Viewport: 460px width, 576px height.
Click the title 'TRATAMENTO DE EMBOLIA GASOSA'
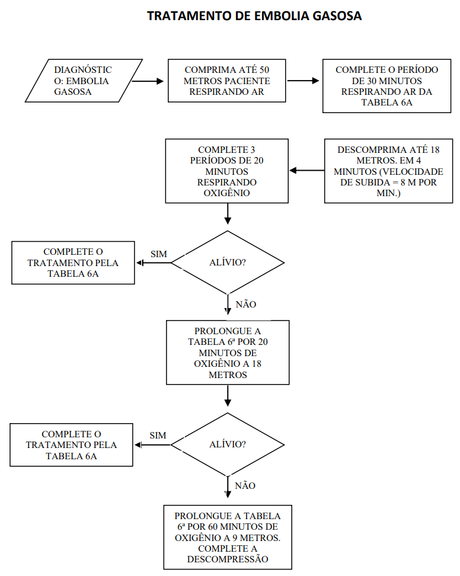[254, 16]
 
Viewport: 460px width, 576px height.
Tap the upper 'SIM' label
[159, 254]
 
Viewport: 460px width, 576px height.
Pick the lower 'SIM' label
[158, 436]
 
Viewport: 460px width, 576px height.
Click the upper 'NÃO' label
[246, 304]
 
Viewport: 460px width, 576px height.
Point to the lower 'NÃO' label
[245, 486]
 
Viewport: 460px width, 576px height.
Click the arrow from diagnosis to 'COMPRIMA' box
[148, 81]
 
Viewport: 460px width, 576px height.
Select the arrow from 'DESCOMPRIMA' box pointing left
[307, 171]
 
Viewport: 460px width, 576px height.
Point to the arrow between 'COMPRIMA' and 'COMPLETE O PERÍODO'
[303, 81]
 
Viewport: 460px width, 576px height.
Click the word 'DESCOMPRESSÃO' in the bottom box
[228, 559]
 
